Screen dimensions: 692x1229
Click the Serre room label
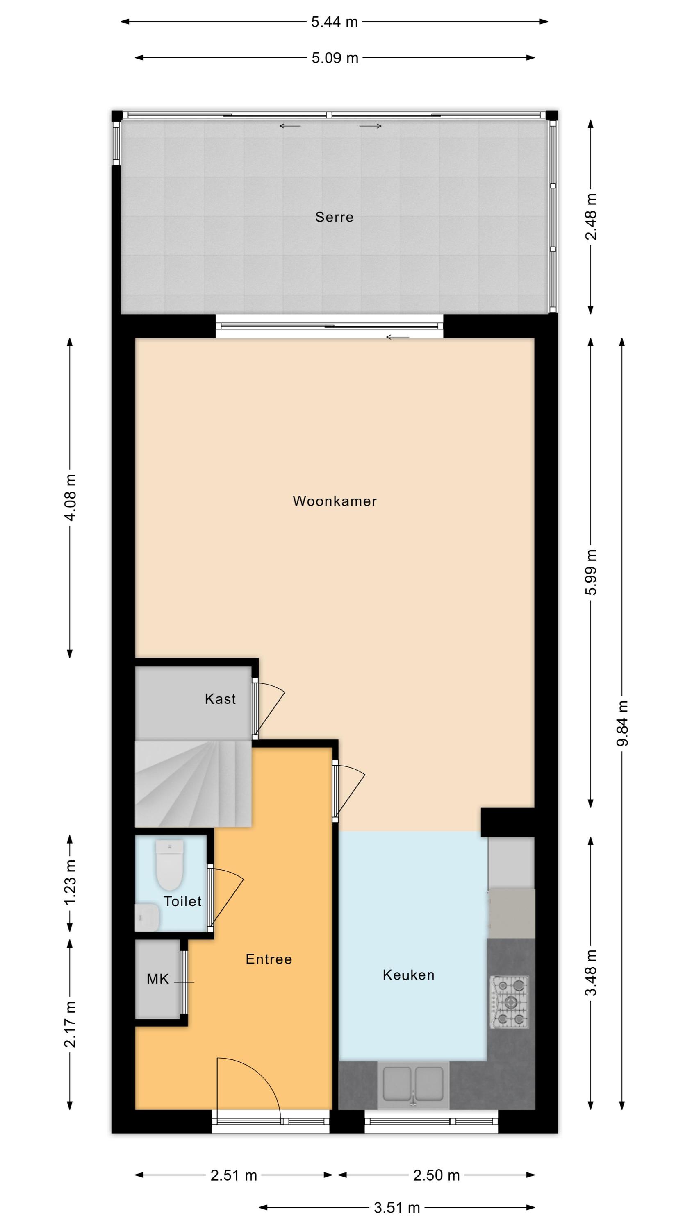[x=334, y=217]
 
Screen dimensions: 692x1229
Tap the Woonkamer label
[x=335, y=501]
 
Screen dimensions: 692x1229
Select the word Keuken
[x=409, y=975]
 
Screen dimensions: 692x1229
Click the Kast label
[x=220, y=699]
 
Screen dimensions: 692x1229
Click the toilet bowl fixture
[x=170, y=865]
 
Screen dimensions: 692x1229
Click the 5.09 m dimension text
[x=335, y=58]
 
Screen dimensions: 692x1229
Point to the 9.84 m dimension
[x=622, y=723]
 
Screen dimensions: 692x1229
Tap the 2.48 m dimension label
[x=591, y=217]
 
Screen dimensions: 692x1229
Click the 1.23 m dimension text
[x=70, y=883]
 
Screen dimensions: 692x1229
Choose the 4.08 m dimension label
[x=70, y=498]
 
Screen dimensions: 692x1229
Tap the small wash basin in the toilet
[x=147, y=917]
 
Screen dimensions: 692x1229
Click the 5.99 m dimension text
[x=591, y=572]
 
